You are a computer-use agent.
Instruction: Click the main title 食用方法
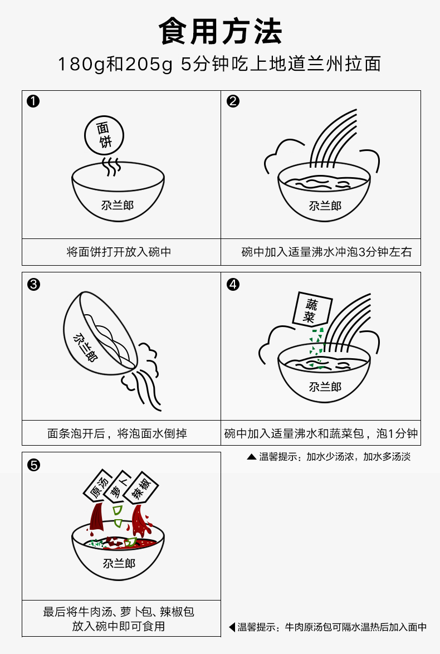click(220, 31)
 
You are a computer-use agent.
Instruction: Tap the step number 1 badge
click(33, 101)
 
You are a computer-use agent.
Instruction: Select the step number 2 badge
click(233, 101)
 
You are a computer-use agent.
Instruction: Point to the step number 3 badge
click(33, 285)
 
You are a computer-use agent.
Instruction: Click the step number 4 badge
click(233, 285)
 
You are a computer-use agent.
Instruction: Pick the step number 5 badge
click(33, 465)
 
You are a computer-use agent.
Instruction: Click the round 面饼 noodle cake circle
click(104, 135)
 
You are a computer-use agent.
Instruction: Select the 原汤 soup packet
click(99, 485)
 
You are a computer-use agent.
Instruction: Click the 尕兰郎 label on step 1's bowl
click(117, 205)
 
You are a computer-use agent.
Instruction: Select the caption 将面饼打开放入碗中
click(119, 252)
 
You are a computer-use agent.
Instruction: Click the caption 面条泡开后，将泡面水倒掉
click(117, 433)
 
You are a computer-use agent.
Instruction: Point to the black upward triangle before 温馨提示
click(251, 457)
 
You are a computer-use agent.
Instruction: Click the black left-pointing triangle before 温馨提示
click(232, 627)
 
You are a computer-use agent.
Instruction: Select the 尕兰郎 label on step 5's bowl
click(119, 564)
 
